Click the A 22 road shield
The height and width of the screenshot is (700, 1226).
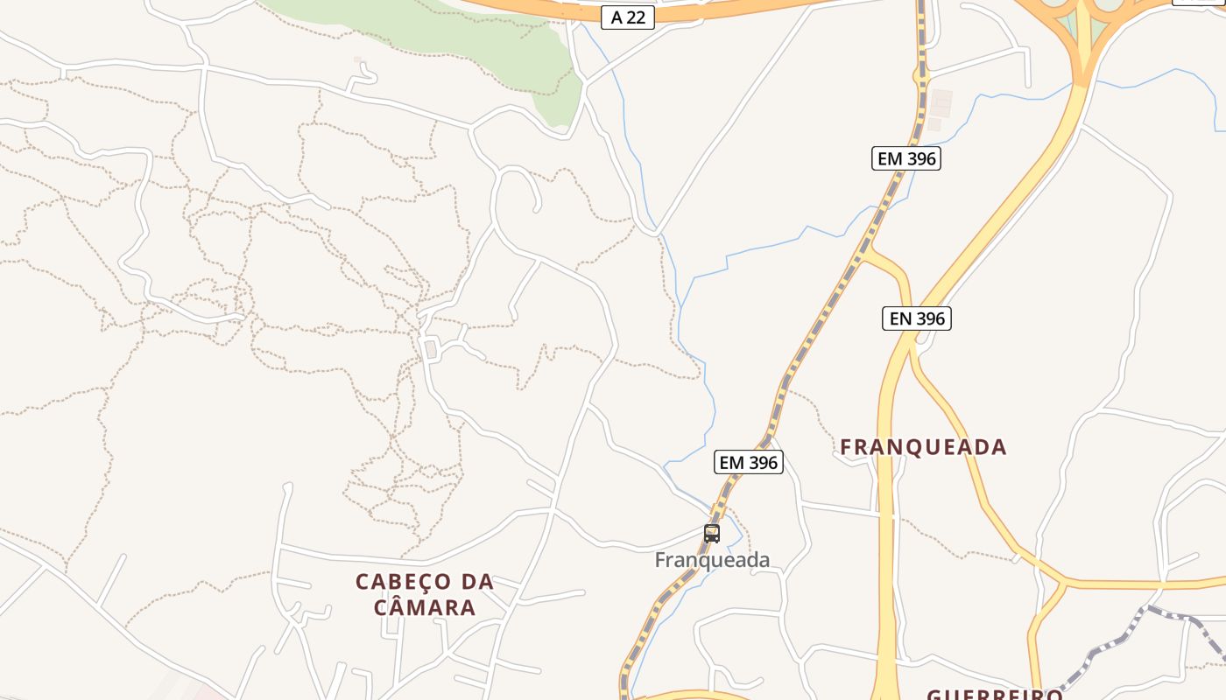click(x=628, y=17)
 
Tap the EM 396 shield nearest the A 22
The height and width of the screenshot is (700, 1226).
click(x=906, y=158)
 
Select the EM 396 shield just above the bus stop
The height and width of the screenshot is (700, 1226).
click(x=748, y=462)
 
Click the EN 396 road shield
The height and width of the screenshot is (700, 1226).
click(x=916, y=318)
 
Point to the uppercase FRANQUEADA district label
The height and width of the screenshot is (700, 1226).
click(x=923, y=447)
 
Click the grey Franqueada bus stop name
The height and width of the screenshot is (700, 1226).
click(x=712, y=560)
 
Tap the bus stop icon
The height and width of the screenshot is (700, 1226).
click(x=712, y=533)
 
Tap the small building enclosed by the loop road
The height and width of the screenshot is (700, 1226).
click(x=430, y=350)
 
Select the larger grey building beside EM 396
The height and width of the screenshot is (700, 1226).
click(x=941, y=102)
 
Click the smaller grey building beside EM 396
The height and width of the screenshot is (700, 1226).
click(x=934, y=124)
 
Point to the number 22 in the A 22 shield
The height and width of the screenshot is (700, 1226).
click(x=637, y=17)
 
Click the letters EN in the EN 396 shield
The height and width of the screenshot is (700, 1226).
click(x=900, y=318)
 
